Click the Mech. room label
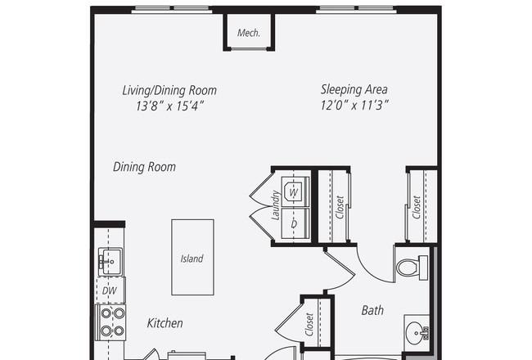249,33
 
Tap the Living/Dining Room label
169,90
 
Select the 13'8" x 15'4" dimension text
169,106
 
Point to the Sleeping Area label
354,89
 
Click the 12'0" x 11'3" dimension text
354,106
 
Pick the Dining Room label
144,167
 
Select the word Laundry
276,205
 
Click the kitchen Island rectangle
192,257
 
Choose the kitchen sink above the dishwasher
110,262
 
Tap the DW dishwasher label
109,290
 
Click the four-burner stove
111,322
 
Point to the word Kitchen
165,323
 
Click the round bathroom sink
417,331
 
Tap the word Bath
372,310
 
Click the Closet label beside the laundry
340,207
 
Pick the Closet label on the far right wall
417,207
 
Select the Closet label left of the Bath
309,325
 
